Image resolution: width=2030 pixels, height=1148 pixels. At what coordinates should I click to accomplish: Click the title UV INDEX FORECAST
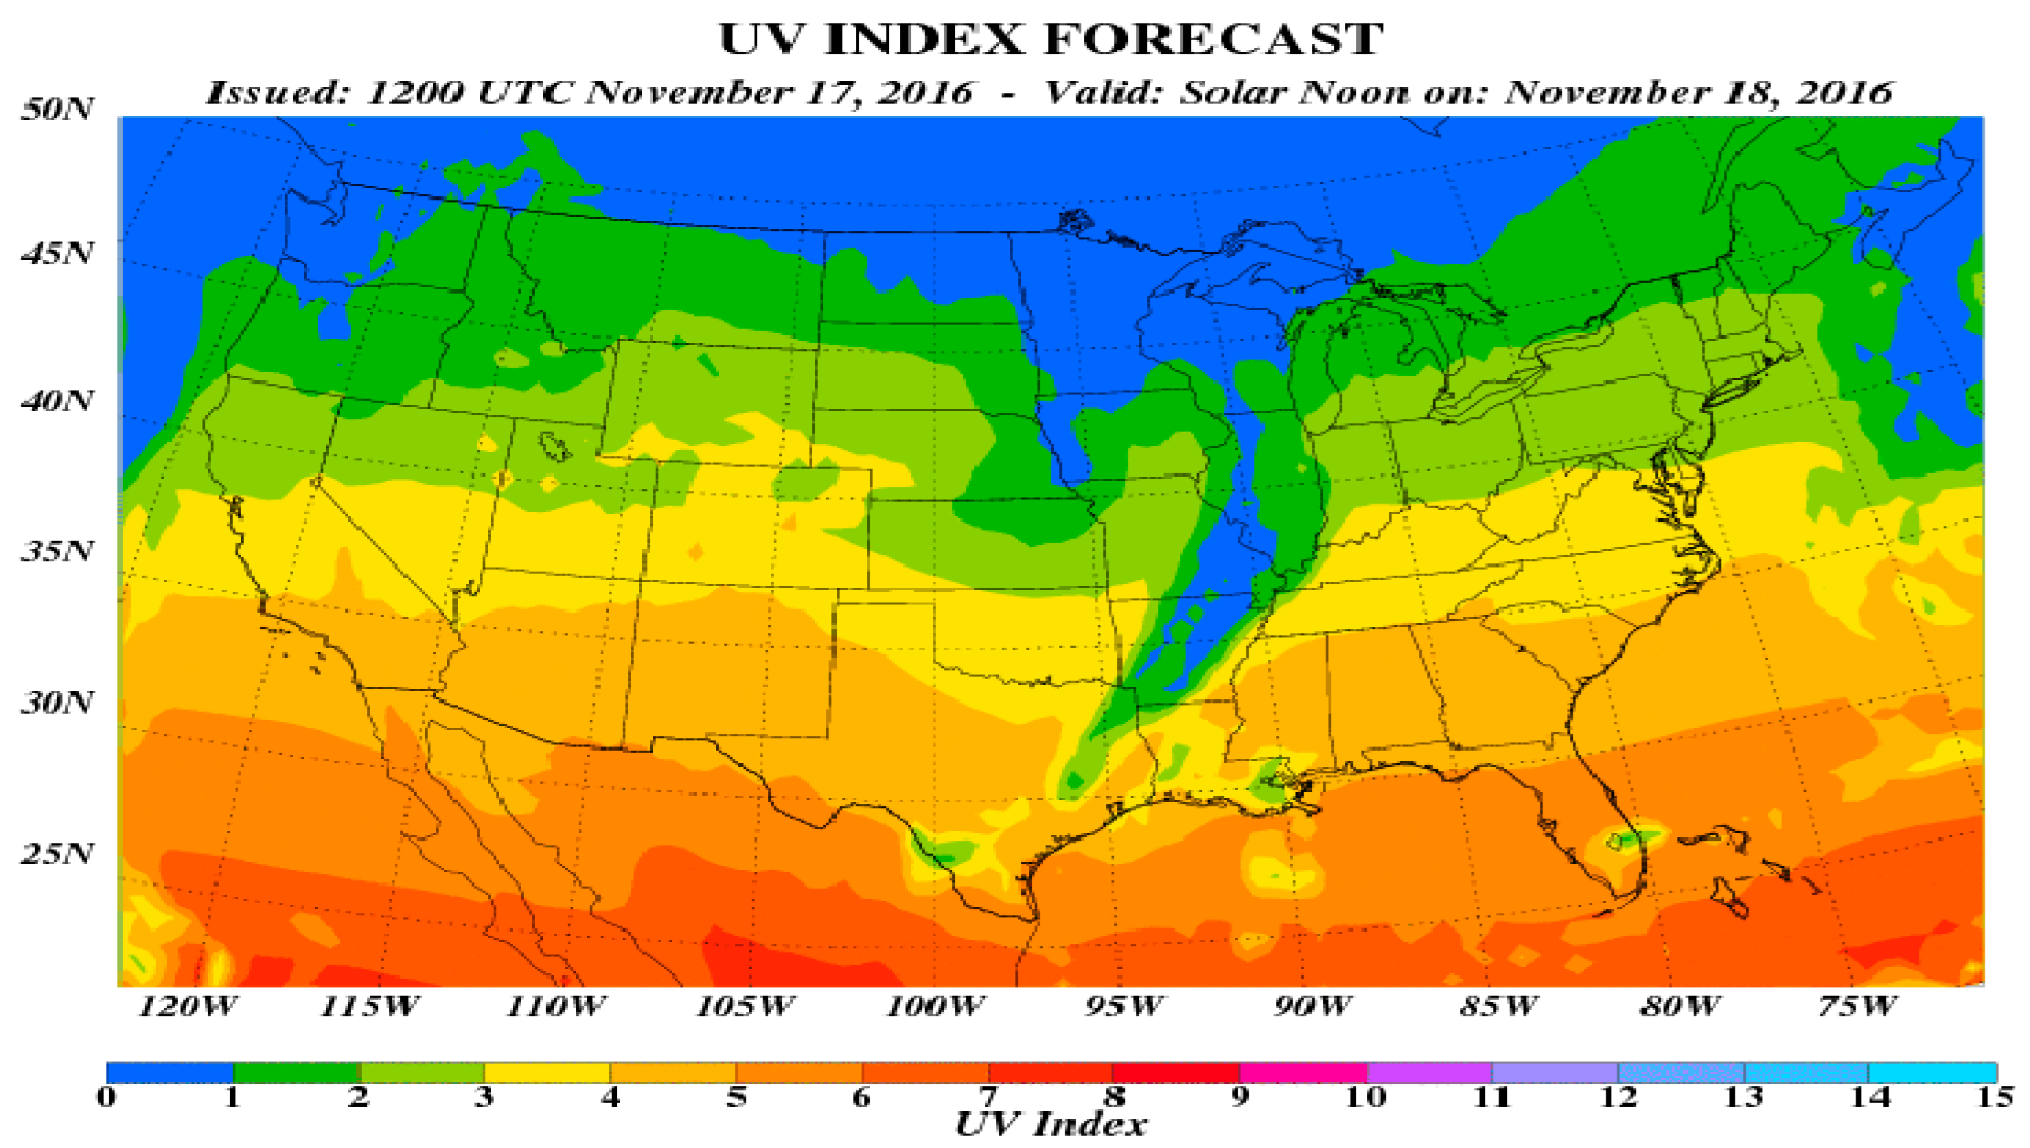(1050, 39)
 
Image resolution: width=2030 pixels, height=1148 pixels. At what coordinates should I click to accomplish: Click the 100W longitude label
(935, 1007)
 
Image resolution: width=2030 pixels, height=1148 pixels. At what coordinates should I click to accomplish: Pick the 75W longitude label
(1857, 1007)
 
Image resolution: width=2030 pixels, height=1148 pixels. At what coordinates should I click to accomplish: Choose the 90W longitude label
(1311, 1007)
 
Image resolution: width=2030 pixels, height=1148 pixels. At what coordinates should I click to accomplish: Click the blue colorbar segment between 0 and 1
(170, 1073)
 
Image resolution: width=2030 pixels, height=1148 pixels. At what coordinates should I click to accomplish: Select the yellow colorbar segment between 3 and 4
(546, 1073)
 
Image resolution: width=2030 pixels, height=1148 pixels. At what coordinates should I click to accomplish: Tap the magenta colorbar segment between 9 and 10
(1303, 1073)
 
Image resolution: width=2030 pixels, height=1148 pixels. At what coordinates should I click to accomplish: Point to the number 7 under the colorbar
(987, 1097)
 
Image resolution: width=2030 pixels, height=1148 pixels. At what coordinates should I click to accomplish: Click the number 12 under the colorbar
(1618, 1097)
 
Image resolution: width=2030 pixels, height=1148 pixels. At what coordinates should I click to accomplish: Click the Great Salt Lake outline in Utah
(556, 445)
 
